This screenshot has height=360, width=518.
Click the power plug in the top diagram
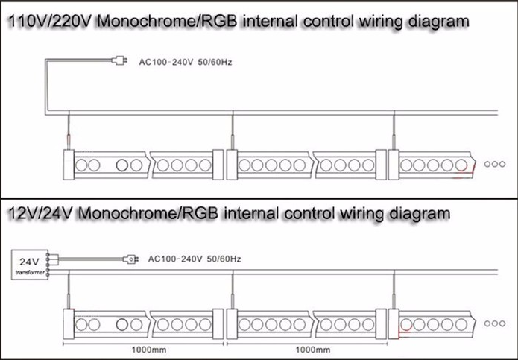pyautogui.click(x=119, y=60)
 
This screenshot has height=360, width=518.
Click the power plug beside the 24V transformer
pyautogui.click(x=130, y=259)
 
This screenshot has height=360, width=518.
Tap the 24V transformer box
pyautogui.click(x=30, y=265)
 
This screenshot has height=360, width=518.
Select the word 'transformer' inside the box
pyautogui.click(x=30, y=273)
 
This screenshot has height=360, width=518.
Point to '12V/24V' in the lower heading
pyautogui.click(x=40, y=213)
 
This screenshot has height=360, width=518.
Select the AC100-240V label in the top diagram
pyautogui.click(x=166, y=62)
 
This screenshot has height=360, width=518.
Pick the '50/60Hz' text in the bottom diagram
pyautogui.click(x=224, y=259)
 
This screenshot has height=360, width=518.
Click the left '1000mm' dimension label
pyautogui.click(x=148, y=350)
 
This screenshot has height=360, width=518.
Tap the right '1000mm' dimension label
pyautogui.click(x=312, y=350)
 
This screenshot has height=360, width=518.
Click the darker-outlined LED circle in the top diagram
pyautogui.click(x=122, y=165)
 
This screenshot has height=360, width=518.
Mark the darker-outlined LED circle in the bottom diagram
pyautogui.click(x=122, y=325)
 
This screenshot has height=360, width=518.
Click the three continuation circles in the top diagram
pyautogui.click(x=495, y=164)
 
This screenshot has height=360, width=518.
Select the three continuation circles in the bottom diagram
pyautogui.click(x=495, y=323)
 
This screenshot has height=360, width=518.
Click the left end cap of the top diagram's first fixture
pyautogui.click(x=69, y=165)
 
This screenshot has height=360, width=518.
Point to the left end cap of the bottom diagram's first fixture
pyautogui.click(x=69, y=324)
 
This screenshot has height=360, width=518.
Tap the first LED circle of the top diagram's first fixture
pyautogui.click(x=81, y=165)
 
